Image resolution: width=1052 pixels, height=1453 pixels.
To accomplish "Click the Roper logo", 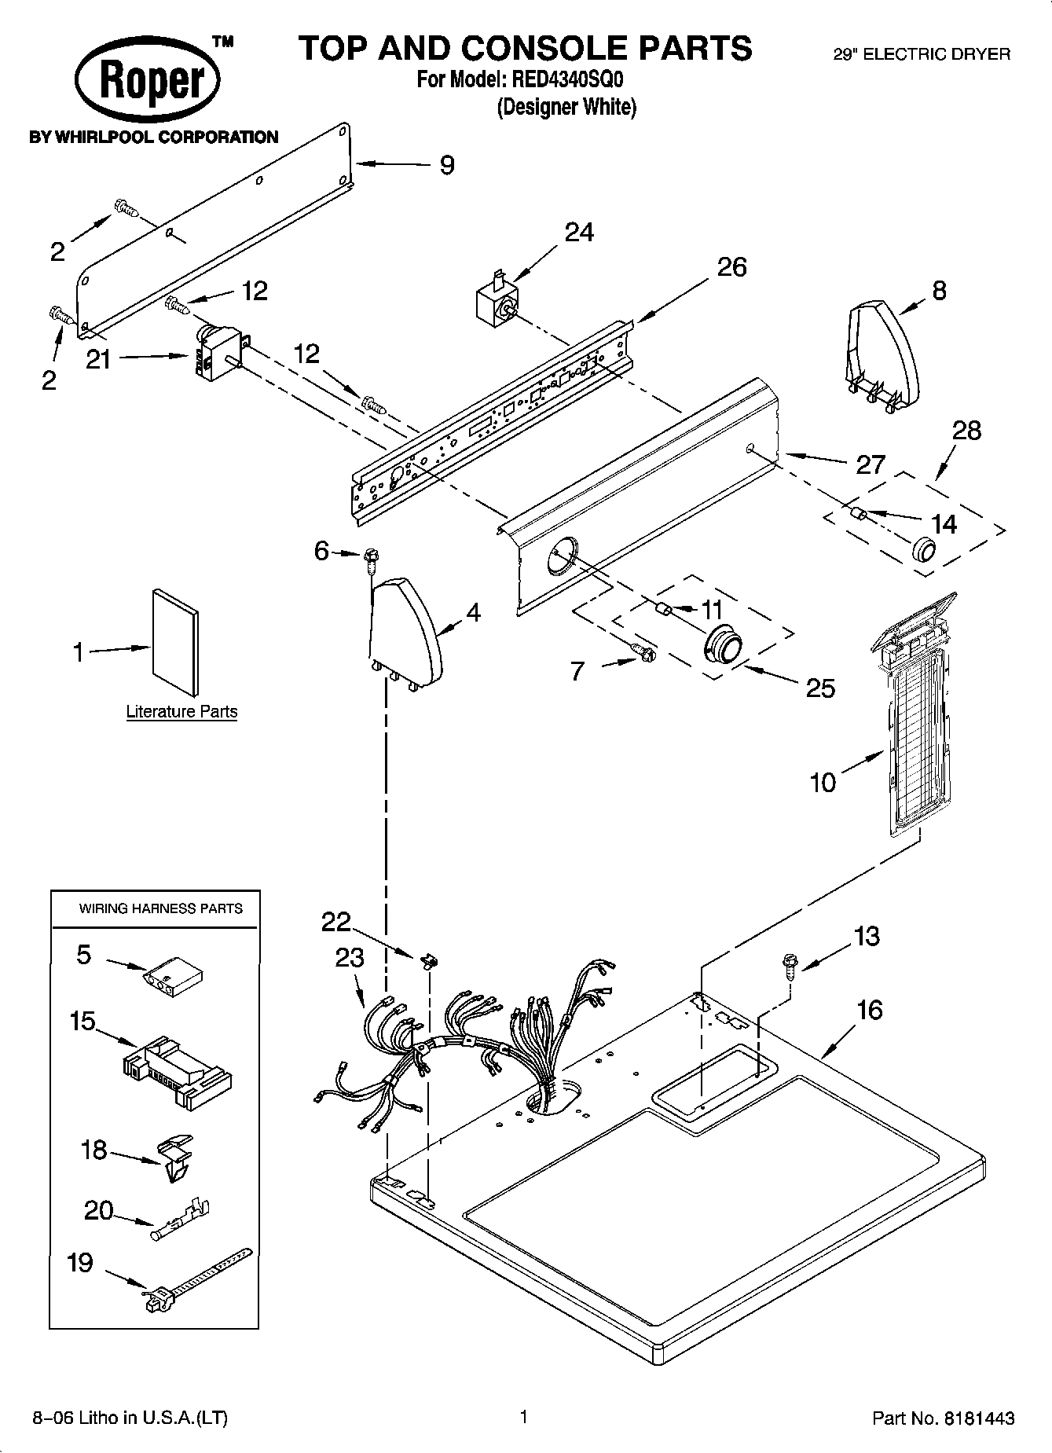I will click(148, 82).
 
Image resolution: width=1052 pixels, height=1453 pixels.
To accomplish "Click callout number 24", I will click(579, 233).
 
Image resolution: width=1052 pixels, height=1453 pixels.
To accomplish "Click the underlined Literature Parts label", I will click(181, 712).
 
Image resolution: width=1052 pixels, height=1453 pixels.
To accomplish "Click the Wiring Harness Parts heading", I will click(160, 908).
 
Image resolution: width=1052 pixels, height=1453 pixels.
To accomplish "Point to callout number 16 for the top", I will click(868, 1011).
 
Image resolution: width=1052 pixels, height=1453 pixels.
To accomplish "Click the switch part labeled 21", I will click(216, 354).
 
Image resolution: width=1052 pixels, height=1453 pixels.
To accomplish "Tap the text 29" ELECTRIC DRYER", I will click(921, 54).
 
